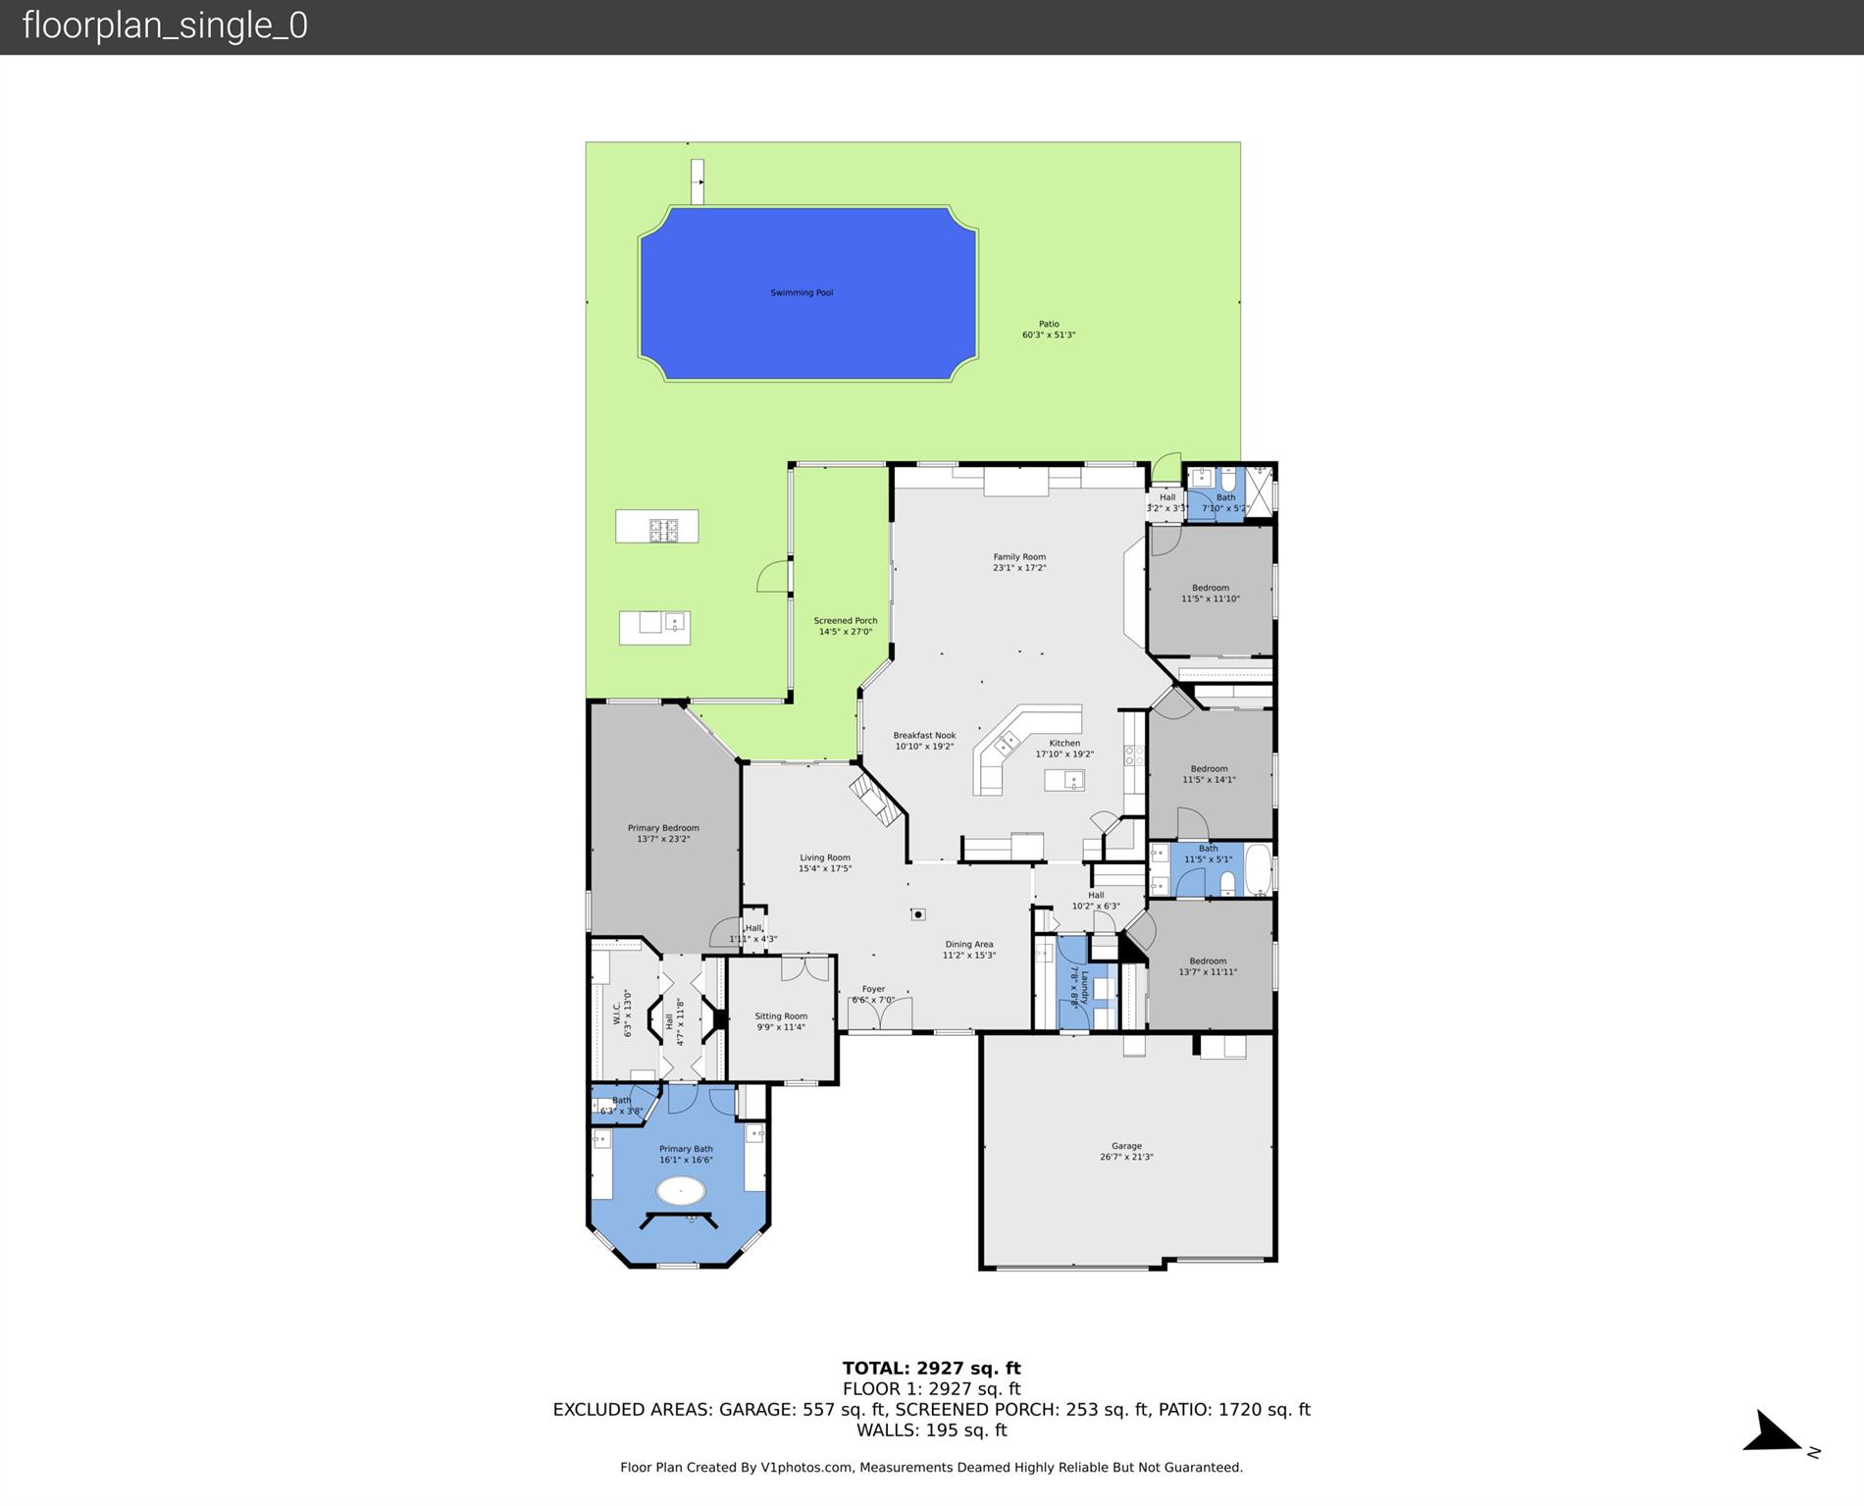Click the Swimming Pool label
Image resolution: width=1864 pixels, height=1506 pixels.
tap(802, 292)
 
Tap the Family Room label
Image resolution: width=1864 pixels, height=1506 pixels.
tap(1019, 557)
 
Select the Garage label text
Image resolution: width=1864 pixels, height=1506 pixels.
tap(1126, 1146)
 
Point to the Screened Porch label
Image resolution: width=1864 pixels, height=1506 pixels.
tap(845, 621)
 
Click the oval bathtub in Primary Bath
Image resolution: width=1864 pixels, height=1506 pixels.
tap(680, 1191)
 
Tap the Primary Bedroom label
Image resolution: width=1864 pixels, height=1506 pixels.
tap(663, 828)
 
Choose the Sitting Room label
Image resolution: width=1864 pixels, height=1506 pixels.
tap(781, 1016)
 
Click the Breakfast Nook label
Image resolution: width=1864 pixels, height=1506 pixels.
tap(924, 736)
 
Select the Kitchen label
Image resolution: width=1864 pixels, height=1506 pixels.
tap(1064, 744)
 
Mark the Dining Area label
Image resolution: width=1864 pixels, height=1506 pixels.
tap(969, 945)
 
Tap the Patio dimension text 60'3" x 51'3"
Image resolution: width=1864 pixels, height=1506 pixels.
tap(1049, 336)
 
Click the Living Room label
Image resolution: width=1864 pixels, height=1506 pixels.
tap(824, 857)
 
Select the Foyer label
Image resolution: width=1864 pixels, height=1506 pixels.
tap(873, 989)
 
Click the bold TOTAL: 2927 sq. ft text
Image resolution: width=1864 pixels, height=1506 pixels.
tap(931, 1368)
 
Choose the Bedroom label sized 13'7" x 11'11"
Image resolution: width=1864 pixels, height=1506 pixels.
tap(1208, 961)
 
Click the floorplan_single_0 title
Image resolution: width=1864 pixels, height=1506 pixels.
tap(165, 26)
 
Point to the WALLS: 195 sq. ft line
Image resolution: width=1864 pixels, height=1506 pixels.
tap(931, 1430)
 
